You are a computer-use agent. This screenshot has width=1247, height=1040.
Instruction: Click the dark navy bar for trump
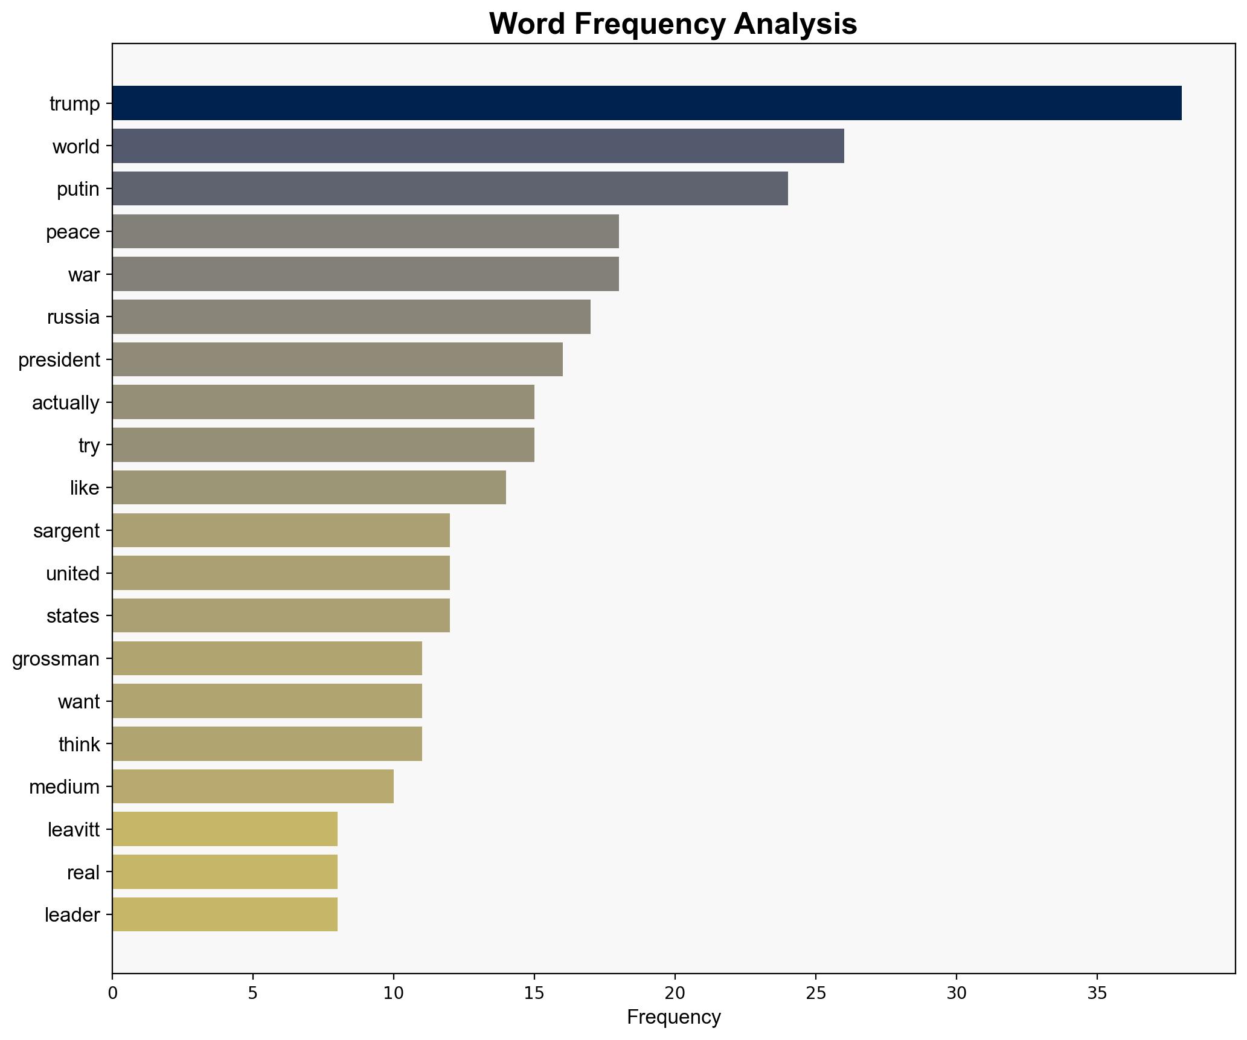pyautogui.click(x=646, y=103)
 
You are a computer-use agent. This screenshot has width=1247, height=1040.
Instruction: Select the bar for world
pyautogui.click(x=478, y=146)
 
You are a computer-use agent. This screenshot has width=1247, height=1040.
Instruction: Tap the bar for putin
pyautogui.click(x=450, y=188)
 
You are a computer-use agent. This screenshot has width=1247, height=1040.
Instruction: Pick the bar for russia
pyautogui.click(x=351, y=317)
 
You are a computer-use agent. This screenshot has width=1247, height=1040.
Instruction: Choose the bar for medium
pyautogui.click(x=252, y=786)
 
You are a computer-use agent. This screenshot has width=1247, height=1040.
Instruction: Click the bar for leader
pyautogui.click(x=225, y=915)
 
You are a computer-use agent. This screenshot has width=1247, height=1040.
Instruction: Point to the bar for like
pyautogui.click(x=309, y=487)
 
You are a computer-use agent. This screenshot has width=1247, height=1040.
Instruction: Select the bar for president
pyautogui.click(x=337, y=360)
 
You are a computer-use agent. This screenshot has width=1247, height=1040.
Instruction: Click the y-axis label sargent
pyautogui.click(x=66, y=531)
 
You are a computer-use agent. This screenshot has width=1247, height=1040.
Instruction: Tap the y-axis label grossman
pyautogui.click(x=56, y=658)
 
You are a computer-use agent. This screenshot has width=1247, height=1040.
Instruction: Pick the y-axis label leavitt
pyautogui.click(x=73, y=830)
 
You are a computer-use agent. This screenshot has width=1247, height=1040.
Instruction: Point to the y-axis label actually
pyautogui.click(x=65, y=403)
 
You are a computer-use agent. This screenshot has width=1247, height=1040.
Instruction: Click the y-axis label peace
pyautogui.click(x=72, y=232)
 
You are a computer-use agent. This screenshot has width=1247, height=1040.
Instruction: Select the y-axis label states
pyautogui.click(x=72, y=616)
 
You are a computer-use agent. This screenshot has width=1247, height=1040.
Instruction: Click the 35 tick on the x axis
pyautogui.click(x=1097, y=993)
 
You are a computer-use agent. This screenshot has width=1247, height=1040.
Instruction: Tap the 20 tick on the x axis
pyautogui.click(x=675, y=993)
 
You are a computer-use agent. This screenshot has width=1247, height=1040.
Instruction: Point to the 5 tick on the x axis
pyautogui.click(x=252, y=993)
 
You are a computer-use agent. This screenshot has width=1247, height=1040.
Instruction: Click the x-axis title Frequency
pyautogui.click(x=673, y=1018)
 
